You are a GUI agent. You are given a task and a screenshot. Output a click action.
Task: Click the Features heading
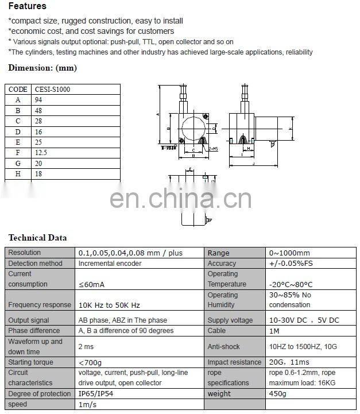tap(28, 6)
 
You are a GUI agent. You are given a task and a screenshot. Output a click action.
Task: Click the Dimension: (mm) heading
tap(42, 68)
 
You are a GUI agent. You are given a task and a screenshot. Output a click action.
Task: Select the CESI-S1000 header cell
tap(53, 90)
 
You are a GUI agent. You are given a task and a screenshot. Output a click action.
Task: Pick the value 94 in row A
tap(39, 99)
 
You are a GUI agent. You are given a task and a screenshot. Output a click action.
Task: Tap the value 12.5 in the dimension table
tap(42, 152)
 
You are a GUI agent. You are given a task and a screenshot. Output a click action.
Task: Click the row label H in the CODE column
tap(18, 173)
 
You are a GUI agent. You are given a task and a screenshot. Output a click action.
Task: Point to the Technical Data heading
tap(38, 238)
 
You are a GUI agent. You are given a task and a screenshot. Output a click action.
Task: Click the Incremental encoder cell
tap(110, 264)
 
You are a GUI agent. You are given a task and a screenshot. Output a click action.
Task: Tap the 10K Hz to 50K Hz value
tap(109, 305)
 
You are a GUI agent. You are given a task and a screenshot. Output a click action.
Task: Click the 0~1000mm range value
tap(289, 253)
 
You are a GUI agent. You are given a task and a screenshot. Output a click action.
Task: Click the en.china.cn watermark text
tap(180, 199)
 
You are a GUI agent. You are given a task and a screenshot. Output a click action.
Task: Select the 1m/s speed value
tap(88, 404)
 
